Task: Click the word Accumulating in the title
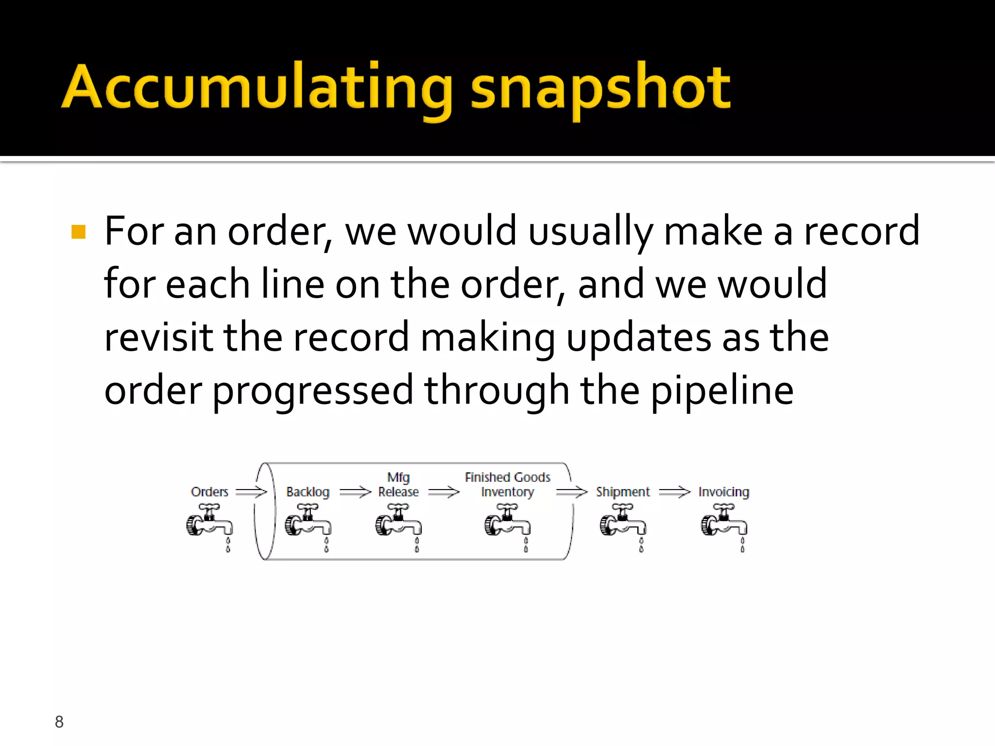(x=257, y=87)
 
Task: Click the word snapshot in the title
(x=600, y=87)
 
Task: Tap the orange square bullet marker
(x=78, y=232)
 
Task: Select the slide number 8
(x=59, y=722)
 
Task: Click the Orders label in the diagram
(x=209, y=492)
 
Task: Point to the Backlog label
(x=308, y=492)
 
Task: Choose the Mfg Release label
(x=398, y=485)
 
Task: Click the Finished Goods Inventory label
(x=507, y=485)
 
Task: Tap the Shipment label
(x=622, y=492)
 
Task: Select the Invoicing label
(x=723, y=492)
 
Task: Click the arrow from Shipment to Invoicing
(x=674, y=492)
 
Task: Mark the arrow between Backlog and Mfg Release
(x=355, y=492)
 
